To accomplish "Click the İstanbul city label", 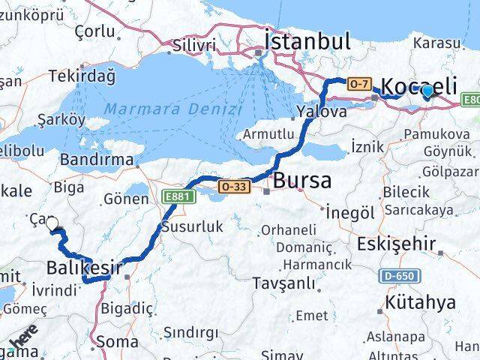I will click(x=307, y=40).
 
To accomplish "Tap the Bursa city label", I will click(x=302, y=181).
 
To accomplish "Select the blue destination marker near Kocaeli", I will click(x=427, y=92).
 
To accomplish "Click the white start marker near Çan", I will click(x=52, y=223).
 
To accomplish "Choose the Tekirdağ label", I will click(x=82, y=76).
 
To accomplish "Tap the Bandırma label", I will click(x=96, y=160).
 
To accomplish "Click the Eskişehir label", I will click(x=396, y=244).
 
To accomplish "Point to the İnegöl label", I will click(x=350, y=212).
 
